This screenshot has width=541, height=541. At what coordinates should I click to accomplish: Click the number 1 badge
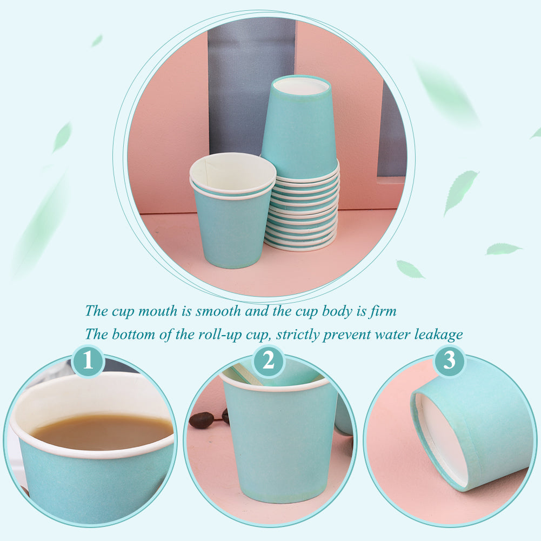(88, 360)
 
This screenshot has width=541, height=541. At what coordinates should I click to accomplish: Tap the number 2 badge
(269, 360)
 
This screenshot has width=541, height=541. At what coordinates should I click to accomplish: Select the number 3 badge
(449, 360)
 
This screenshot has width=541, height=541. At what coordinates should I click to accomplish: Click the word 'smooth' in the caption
(218, 311)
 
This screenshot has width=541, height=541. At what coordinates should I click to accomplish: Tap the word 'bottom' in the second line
(133, 335)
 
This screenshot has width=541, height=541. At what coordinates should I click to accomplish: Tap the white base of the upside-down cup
(301, 86)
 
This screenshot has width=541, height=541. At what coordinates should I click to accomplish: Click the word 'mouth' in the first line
(158, 311)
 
